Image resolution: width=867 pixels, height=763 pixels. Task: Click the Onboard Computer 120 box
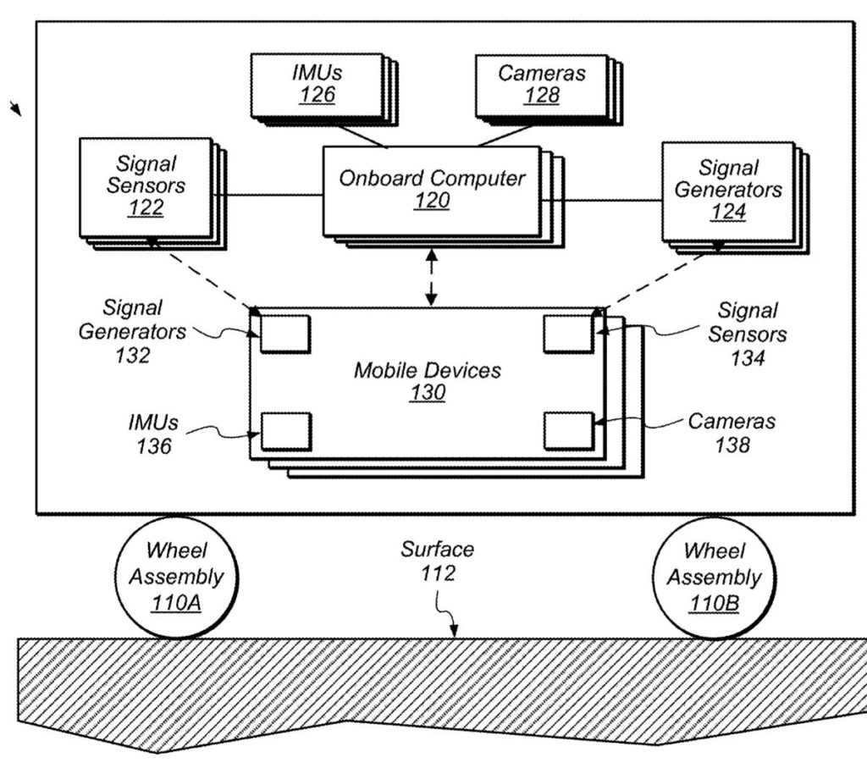(431, 190)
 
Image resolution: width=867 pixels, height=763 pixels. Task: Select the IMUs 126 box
(318, 84)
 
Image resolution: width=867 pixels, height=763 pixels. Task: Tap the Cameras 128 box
(541, 84)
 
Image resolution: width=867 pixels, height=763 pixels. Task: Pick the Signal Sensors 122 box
(146, 186)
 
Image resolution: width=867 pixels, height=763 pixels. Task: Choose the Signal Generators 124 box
(727, 190)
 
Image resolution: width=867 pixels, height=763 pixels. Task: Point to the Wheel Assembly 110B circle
(714, 578)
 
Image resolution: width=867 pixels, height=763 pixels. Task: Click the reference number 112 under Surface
(438, 573)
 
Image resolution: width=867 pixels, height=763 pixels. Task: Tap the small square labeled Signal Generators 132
(284, 333)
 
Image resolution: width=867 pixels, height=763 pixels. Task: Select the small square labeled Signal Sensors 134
(568, 333)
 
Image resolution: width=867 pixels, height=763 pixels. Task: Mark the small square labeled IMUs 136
(285, 430)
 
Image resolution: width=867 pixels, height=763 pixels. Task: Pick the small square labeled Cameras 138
(569, 430)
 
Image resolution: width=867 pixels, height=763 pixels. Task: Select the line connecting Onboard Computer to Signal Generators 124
(601, 201)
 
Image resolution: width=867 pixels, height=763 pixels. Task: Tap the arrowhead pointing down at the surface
(454, 630)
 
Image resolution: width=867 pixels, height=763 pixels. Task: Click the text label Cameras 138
(732, 432)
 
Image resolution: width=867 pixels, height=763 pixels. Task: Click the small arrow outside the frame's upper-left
(16, 108)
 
